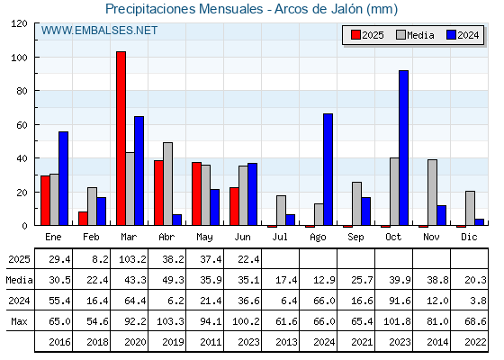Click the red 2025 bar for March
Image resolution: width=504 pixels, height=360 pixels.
[x=121, y=139]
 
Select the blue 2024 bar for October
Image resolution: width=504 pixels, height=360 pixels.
[x=403, y=148]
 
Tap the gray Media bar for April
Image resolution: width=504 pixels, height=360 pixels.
[x=167, y=184]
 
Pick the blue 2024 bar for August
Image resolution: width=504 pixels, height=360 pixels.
[x=328, y=169]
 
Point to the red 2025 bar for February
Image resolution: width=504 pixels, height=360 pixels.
[x=83, y=218]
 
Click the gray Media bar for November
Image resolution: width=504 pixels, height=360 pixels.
[x=432, y=193]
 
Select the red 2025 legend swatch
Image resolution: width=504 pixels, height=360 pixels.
[x=355, y=35]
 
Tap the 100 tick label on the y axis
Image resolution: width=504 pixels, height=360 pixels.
[x=19, y=58]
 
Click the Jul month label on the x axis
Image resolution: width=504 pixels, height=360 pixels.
[x=280, y=237]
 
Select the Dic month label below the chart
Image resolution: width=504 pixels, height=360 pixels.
[x=469, y=237]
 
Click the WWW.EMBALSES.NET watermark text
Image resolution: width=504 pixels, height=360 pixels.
[x=99, y=31]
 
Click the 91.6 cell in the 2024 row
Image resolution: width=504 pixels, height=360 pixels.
[x=400, y=301]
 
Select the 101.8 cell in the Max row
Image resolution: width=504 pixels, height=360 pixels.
[x=397, y=321]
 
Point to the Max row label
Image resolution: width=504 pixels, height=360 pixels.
[x=19, y=321]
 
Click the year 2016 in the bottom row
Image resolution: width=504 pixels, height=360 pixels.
[x=59, y=342]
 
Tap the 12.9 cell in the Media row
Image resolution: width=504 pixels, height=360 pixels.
[x=324, y=280]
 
